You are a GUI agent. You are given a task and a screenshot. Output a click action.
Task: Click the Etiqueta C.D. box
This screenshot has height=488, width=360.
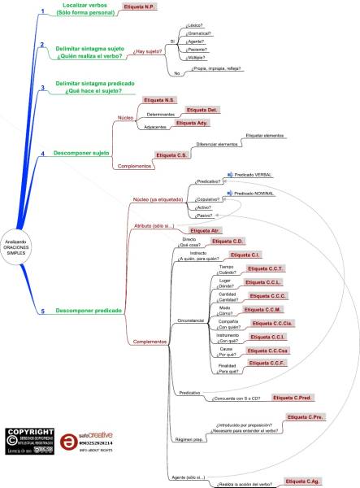tap(228, 242)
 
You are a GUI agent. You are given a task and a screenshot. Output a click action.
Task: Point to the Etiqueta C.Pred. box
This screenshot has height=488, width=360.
tap(293, 397)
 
